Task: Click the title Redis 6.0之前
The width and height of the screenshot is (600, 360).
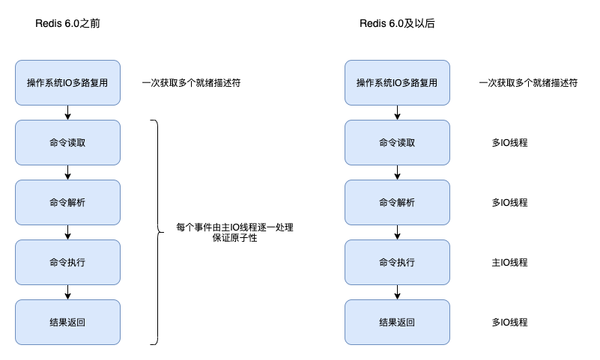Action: (x=67, y=24)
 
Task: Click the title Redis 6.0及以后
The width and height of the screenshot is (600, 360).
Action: (x=397, y=24)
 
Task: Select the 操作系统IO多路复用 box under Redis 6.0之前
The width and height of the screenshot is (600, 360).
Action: (x=67, y=82)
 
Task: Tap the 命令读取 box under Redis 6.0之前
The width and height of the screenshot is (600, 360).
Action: (x=67, y=142)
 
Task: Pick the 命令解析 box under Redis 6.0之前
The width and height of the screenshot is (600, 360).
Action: (x=67, y=202)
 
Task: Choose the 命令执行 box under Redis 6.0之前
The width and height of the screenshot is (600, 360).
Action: (x=67, y=262)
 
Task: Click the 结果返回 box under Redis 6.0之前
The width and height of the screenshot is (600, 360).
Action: (x=67, y=322)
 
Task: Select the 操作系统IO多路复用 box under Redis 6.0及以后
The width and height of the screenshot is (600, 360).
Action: (x=397, y=82)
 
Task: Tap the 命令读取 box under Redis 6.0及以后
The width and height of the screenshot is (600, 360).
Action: (x=397, y=142)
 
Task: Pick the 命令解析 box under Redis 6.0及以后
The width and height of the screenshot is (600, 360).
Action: (x=397, y=202)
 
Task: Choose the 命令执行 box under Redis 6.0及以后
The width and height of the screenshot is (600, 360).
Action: (x=397, y=262)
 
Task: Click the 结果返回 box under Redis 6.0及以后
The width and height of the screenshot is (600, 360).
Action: (x=397, y=322)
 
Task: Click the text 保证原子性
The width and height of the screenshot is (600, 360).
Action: (x=234, y=239)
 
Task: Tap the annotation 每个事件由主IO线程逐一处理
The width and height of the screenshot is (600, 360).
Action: (x=234, y=227)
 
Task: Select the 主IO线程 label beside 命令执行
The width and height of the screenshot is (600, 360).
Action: (x=510, y=263)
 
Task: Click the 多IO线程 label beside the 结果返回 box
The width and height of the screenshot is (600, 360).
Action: (x=510, y=323)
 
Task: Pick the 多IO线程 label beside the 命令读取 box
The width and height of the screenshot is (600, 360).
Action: (x=510, y=143)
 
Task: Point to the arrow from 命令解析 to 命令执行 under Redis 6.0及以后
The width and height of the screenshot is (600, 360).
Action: (x=397, y=232)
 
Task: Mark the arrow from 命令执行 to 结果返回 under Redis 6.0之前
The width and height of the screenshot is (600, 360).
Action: (x=67, y=292)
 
